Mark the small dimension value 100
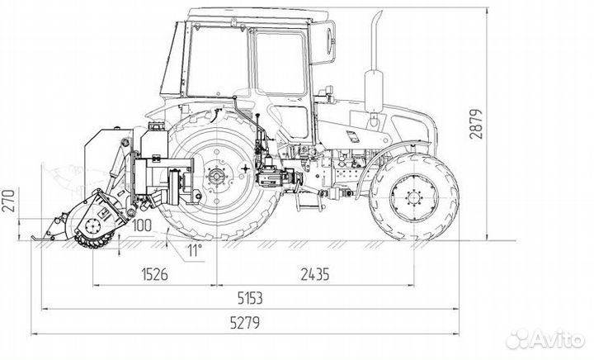(140, 225)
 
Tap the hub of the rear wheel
(216, 175)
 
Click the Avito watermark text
(557, 339)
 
